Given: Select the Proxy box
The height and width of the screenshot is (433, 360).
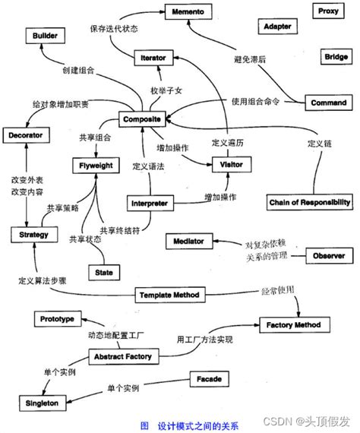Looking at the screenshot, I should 328,11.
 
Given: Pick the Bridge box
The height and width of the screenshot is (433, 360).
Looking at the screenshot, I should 336,57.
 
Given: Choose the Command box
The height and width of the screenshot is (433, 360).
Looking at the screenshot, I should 329,103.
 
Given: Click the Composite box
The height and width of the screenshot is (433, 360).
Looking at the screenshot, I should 142,119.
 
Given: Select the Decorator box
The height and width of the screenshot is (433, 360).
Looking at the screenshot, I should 26,135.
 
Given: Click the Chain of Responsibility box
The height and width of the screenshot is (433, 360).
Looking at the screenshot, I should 310,202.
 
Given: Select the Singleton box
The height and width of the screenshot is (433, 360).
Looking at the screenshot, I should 33,403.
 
